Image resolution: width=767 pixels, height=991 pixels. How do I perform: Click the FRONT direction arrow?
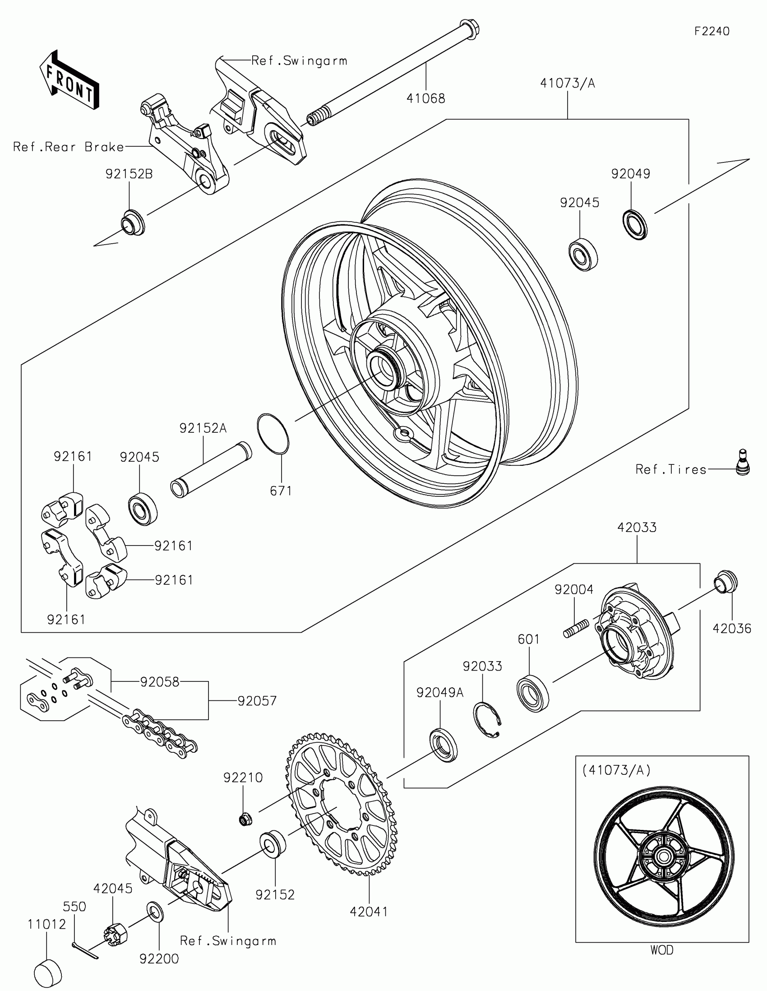69,80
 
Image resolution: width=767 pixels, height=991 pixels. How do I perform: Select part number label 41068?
425,98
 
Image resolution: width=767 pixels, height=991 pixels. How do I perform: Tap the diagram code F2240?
712,31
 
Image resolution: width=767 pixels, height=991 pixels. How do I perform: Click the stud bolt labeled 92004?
576,629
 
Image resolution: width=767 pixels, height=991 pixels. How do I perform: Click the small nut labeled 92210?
245,819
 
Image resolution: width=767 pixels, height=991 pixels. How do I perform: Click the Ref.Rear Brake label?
69,147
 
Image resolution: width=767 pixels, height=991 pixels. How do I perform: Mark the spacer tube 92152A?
211,470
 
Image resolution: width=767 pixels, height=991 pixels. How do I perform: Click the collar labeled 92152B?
132,222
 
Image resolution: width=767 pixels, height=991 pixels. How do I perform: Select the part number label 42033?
637,527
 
